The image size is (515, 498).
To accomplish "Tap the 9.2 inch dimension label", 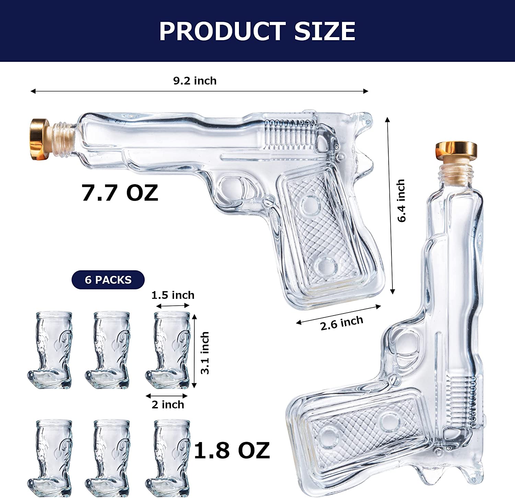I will pyautogui.click(x=195, y=81).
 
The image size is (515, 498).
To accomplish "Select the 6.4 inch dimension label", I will pyautogui.click(x=401, y=201).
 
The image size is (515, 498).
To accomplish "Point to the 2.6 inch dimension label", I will pyautogui.click(x=341, y=323).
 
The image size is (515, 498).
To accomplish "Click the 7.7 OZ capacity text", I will pyautogui.click(x=120, y=193).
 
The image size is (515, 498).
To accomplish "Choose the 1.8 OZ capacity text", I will pyautogui.click(x=232, y=451).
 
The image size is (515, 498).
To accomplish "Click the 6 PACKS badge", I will pyautogui.click(x=108, y=280).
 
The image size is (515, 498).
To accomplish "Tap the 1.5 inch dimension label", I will pyautogui.click(x=173, y=295).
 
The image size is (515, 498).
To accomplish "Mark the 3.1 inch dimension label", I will pyautogui.click(x=205, y=352).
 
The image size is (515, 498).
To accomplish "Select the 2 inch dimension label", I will pyautogui.click(x=168, y=405).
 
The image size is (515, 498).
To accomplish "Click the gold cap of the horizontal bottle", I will pyautogui.click(x=40, y=139).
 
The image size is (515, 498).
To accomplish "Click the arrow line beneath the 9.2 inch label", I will pyautogui.click(x=199, y=91).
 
